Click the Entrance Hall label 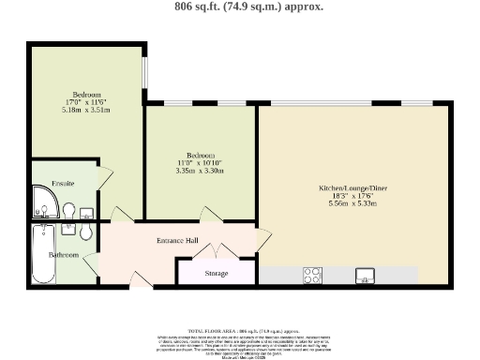(x=176, y=241)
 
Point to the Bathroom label (x=64, y=254)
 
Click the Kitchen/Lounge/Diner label (x=352, y=187)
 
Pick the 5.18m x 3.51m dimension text (x=85, y=110)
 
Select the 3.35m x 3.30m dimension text (x=199, y=171)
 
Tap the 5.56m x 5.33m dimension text (x=352, y=203)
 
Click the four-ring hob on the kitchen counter (x=312, y=275)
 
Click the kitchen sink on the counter (x=365, y=275)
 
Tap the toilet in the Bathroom (x=86, y=232)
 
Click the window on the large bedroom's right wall (x=144, y=74)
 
